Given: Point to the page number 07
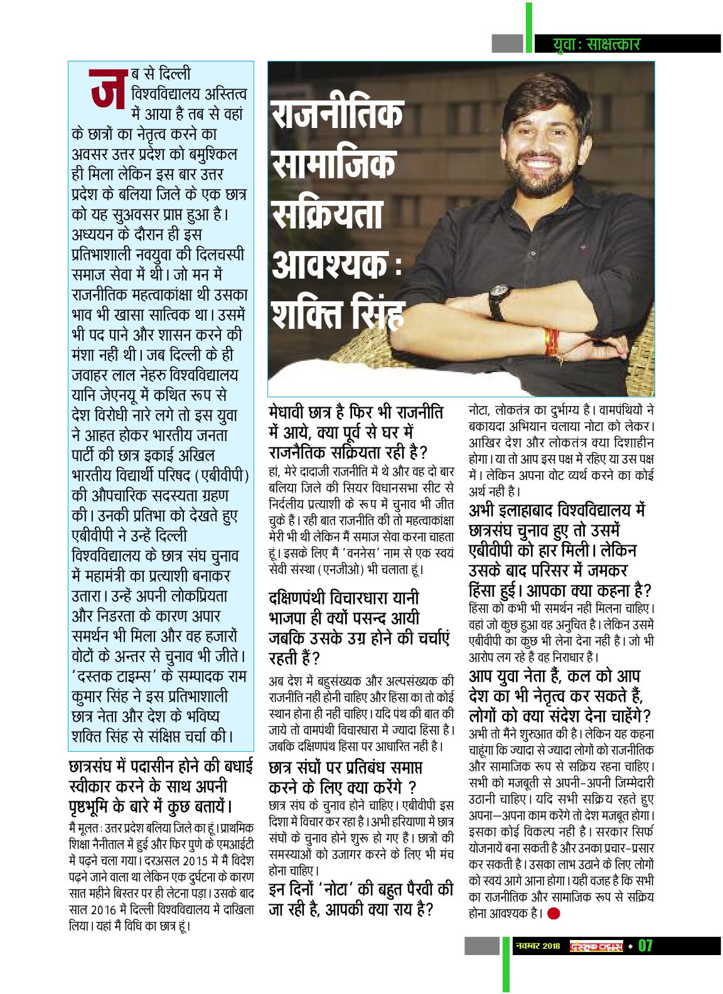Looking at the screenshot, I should coord(645,946).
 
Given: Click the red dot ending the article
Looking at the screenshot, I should coord(553,913).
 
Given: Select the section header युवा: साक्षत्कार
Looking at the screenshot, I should coord(597,44).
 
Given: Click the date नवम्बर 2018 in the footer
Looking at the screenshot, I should coord(537,946).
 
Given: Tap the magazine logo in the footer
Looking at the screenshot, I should coord(596,946).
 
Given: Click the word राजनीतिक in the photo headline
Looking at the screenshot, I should coord(337,115).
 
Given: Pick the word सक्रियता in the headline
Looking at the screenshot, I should coord(327,214).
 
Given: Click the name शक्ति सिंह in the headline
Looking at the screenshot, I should coord(337,313).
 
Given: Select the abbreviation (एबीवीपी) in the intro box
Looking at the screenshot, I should coord(221,475).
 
